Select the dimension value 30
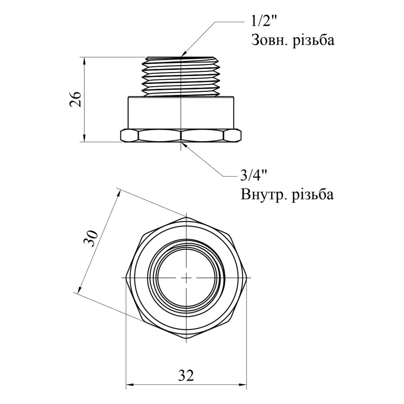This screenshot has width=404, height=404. pos(92,238)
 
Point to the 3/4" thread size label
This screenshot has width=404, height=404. pos(252,176)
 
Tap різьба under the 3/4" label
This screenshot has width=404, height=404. pos(312,194)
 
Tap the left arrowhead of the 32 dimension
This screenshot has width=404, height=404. pos(129,384)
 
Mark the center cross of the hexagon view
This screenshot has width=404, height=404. pos(186,277)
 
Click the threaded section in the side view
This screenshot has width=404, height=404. pos(180,76)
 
